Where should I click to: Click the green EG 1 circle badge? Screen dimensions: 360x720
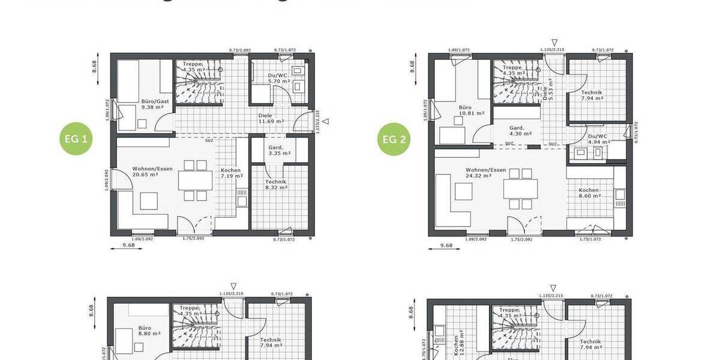click(78, 140)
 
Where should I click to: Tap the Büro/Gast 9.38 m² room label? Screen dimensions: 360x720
click(155, 104)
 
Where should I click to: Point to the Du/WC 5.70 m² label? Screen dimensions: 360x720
click(278, 78)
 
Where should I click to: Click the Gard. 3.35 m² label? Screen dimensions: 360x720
click(275, 150)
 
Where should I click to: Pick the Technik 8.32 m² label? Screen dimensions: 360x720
click(275, 184)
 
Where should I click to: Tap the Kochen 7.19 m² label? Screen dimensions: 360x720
click(231, 173)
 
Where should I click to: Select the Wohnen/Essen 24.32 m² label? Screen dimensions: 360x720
click(485, 173)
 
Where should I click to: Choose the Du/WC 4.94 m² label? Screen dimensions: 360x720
click(598, 139)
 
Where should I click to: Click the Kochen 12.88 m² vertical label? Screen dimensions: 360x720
click(458, 342)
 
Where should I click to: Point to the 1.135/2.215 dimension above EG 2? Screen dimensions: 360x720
click(551, 50)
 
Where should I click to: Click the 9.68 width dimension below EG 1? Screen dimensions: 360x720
click(128, 245)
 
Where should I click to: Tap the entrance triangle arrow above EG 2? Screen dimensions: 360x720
click(554, 42)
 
